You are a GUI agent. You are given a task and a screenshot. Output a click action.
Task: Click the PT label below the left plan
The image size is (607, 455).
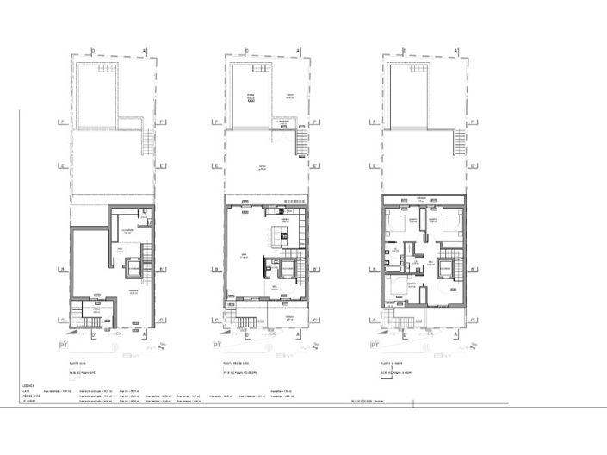63,345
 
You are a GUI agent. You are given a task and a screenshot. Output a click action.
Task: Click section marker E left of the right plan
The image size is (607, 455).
369,165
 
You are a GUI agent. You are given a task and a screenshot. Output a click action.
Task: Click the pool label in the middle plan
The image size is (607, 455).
251,97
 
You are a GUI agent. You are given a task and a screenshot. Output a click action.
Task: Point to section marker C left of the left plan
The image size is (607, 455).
59,318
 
